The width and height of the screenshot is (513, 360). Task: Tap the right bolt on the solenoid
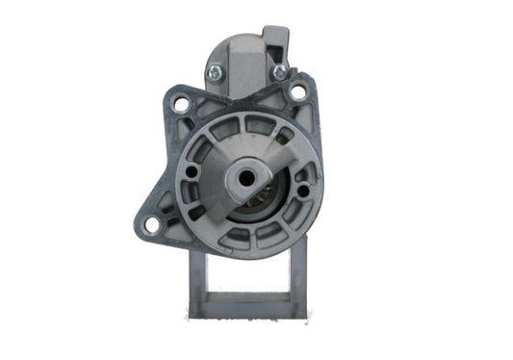[279, 71]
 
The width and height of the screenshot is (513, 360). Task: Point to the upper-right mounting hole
[298, 92]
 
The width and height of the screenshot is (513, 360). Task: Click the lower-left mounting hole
[150, 224]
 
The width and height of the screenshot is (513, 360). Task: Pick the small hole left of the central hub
[192, 171]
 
